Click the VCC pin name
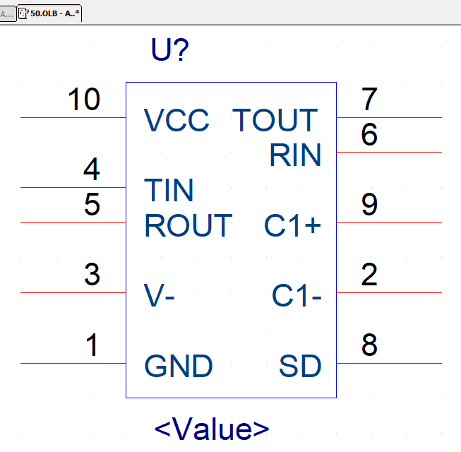176,121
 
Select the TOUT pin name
275,121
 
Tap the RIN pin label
295,155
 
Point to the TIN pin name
169,191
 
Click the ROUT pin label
188,225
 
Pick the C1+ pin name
292,226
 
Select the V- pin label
160,296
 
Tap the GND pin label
179,366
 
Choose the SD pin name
300,366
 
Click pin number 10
84,100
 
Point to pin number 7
369,100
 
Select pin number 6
369,135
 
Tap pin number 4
92,170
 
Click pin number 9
369,205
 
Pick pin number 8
369,345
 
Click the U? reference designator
170,50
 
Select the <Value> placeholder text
212,429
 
